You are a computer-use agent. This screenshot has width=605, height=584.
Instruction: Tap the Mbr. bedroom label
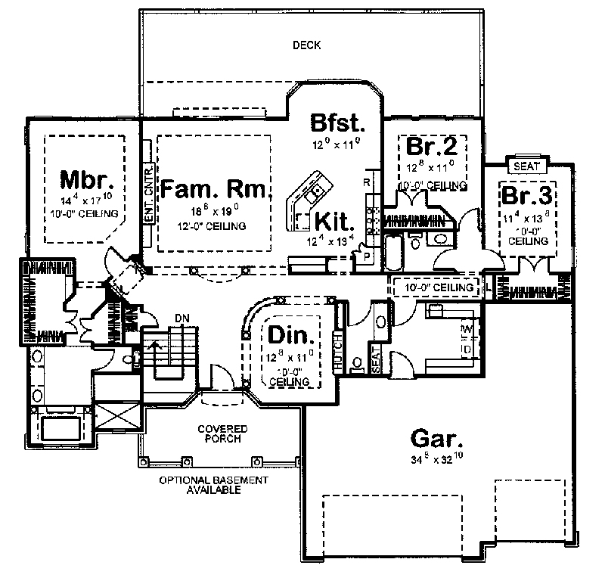click(x=88, y=182)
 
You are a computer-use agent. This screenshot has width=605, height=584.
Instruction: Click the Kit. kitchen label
click(x=334, y=222)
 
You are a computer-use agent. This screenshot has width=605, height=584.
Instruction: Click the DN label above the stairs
click(x=182, y=316)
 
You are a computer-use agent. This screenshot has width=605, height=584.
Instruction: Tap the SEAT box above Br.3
click(x=526, y=166)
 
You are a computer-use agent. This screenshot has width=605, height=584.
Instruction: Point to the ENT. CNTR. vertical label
click(x=149, y=193)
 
